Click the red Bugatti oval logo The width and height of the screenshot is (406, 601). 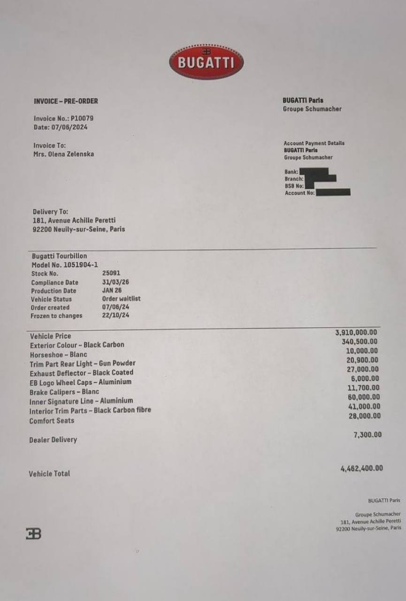206,62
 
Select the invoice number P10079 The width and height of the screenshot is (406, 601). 82,119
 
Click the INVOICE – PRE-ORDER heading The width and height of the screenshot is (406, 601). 66,101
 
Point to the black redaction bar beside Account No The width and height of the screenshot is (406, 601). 333,192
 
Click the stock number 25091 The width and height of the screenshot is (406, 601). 111,273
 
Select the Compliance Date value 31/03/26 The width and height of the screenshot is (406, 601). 115,282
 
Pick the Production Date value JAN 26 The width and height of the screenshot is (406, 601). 112,291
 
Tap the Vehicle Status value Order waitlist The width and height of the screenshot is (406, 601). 121,299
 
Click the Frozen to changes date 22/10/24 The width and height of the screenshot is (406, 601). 115,316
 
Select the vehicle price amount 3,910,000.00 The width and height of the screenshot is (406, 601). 356,332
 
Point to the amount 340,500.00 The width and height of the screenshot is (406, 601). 360,342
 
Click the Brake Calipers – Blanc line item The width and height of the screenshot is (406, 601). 64,392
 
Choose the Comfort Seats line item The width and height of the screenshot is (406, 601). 52,421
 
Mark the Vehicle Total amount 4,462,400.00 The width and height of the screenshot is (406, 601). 361,468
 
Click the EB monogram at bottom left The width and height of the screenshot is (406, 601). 33,533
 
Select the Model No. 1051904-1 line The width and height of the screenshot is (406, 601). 65,265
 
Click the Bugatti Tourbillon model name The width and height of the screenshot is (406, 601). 59,256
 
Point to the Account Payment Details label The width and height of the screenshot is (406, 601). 314,143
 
